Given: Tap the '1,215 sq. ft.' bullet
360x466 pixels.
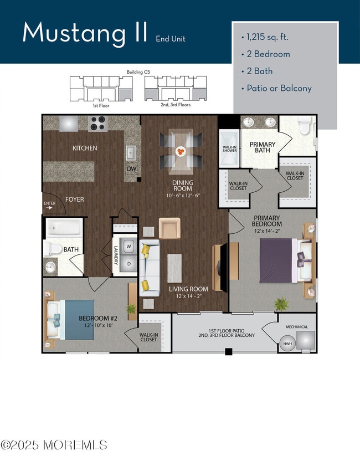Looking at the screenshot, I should pyautogui.click(x=269, y=38).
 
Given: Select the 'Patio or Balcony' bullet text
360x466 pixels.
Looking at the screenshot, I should pyautogui.click(x=276, y=88).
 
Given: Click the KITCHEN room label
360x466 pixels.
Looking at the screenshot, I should pyautogui.click(x=85, y=148).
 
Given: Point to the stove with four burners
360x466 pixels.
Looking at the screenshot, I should pyautogui.click(x=98, y=123).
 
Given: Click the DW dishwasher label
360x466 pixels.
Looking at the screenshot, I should pyautogui.click(x=131, y=169).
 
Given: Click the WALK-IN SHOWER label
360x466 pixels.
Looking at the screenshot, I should pyautogui.click(x=229, y=148).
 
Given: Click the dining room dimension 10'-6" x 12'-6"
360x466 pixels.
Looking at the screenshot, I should pyautogui.click(x=182, y=195).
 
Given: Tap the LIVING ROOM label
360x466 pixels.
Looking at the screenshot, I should pyautogui.click(x=188, y=289).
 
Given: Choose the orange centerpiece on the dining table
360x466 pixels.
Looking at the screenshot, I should pyautogui.click(x=180, y=150).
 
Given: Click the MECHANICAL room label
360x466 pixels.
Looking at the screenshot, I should pyautogui.click(x=297, y=327).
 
